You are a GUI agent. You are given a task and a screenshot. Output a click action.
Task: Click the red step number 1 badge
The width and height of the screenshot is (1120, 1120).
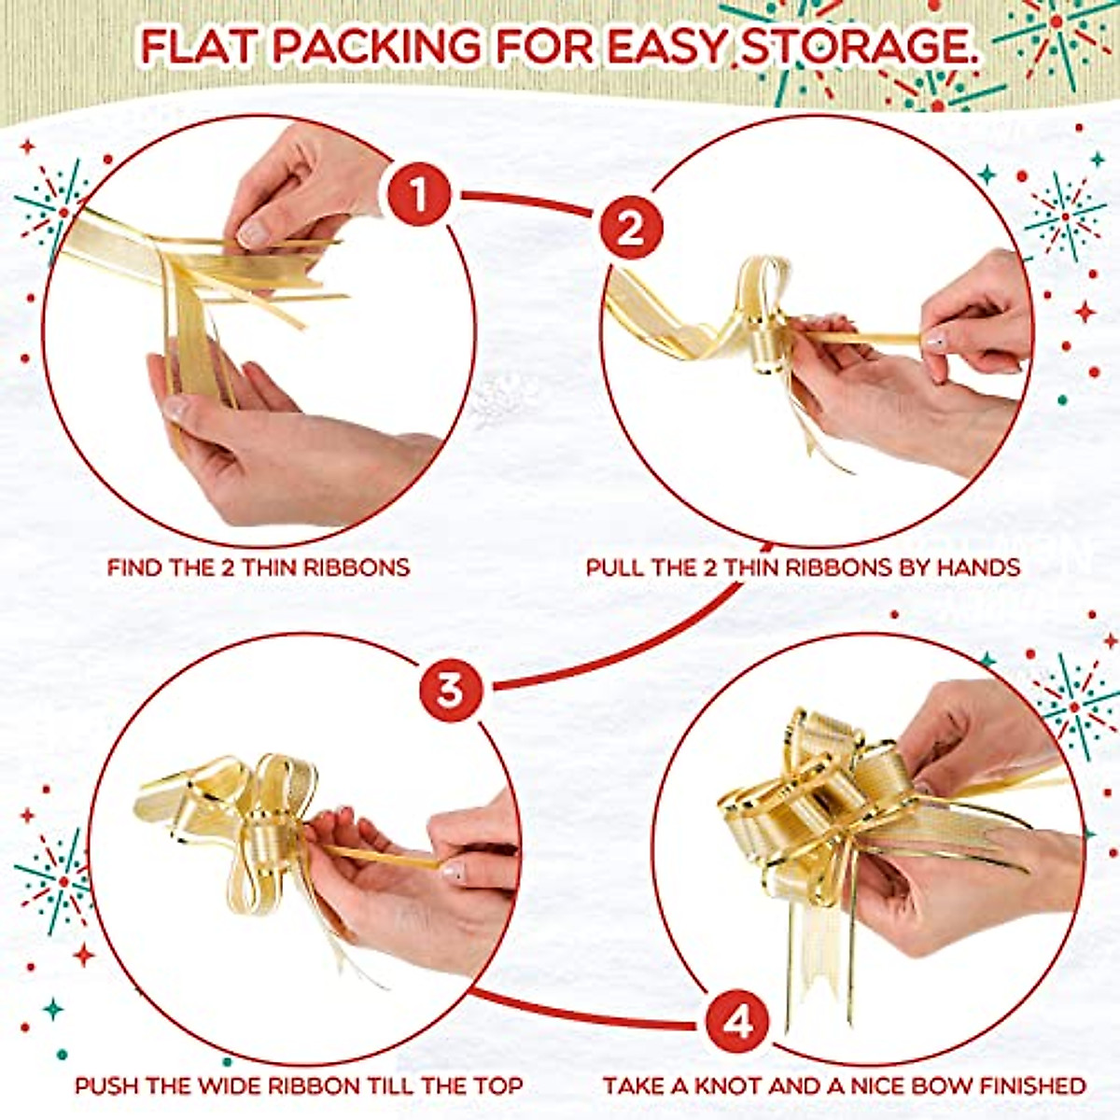(419, 197)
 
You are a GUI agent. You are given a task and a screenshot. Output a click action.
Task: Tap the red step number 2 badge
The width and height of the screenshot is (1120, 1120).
(631, 228)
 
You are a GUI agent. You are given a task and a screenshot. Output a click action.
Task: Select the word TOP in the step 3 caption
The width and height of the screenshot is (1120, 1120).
(497, 1086)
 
